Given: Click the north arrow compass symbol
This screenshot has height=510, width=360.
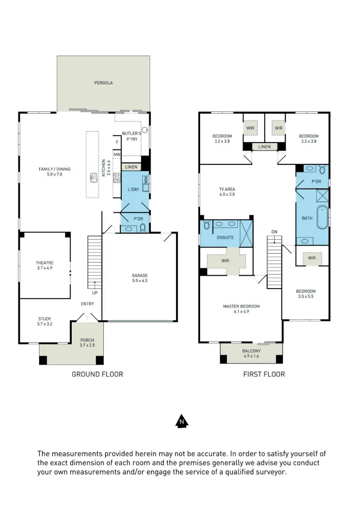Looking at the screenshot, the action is [x=182, y=422].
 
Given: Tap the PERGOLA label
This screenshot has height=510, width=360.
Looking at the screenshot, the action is [x=104, y=83].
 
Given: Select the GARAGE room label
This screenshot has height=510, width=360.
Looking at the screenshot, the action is [x=140, y=275].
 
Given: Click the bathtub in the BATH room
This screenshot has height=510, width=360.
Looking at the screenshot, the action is [x=322, y=217].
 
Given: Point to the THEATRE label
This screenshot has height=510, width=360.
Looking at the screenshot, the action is [x=45, y=263].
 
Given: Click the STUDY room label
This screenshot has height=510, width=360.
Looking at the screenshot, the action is [x=45, y=319].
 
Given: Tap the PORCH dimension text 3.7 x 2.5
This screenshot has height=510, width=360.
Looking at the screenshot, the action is [x=87, y=345].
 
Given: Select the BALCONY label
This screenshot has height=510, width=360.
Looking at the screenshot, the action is [x=251, y=351].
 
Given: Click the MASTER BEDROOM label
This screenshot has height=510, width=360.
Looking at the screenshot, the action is [x=242, y=306].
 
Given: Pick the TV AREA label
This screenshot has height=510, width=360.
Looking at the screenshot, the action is [x=227, y=189].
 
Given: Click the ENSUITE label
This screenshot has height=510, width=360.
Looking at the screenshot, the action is [x=225, y=238].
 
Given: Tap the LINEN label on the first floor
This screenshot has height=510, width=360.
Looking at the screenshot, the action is [x=265, y=147].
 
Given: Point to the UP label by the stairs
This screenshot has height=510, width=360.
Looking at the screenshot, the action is [x=95, y=293].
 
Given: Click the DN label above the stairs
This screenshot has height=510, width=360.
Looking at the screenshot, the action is [x=275, y=232].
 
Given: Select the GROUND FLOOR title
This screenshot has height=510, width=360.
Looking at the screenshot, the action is [x=98, y=374].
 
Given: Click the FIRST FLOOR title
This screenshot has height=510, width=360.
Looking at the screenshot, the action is [x=264, y=374].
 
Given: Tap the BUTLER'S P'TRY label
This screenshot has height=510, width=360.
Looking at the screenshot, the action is [x=132, y=136].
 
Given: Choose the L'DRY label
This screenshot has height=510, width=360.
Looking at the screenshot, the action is [x=133, y=189].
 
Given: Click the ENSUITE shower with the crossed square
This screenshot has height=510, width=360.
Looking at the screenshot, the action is [x=246, y=233].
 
